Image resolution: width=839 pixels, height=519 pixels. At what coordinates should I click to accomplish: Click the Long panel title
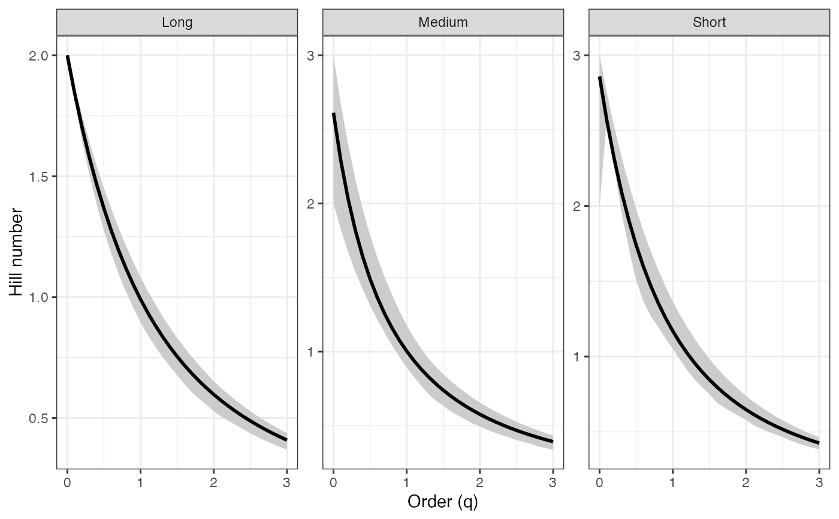tap(177, 23)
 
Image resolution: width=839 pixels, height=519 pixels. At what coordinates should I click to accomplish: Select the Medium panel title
tap(443, 23)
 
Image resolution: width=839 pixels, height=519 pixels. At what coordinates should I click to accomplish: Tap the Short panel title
tap(709, 23)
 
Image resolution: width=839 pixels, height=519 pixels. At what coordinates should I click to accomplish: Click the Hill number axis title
tap(17, 252)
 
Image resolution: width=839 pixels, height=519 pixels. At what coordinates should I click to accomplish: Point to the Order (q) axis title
tap(443, 502)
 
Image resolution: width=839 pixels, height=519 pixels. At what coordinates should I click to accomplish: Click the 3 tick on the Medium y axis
tap(312, 56)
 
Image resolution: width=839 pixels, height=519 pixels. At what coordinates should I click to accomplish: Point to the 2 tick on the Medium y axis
tap(312, 204)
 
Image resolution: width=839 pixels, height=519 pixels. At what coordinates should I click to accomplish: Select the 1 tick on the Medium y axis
tap(312, 352)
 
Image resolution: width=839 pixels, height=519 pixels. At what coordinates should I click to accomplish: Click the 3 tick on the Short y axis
tap(578, 56)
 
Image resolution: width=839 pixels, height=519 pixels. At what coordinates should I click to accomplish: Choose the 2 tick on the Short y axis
tap(578, 206)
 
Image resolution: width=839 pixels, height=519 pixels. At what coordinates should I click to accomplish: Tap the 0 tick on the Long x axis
tap(67, 481)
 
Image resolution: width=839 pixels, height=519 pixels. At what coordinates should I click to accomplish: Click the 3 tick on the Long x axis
tap(286, 481)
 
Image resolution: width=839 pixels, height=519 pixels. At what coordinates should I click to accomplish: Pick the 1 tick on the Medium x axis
tap(406, 481)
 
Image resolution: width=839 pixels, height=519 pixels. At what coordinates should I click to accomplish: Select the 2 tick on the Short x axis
tap(746, 481)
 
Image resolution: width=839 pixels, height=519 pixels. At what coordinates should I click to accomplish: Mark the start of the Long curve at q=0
tap(67, 56)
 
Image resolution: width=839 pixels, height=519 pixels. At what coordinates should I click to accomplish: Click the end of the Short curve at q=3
tap(819, 443)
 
